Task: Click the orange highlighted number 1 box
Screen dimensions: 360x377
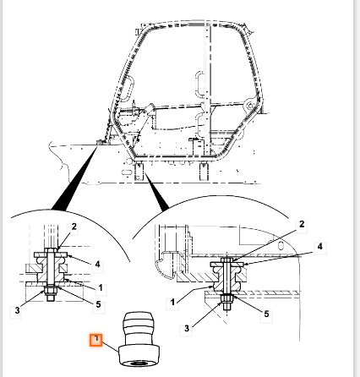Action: point(96,340)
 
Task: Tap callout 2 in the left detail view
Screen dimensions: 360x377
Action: point(74,227)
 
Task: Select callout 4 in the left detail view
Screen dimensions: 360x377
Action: point(97,265)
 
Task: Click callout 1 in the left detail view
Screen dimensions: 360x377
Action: point(101,288)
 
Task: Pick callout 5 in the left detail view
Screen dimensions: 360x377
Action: point(98,304)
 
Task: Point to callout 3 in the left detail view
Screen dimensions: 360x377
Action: point(17,310)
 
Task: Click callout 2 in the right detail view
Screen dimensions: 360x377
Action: point(302,224)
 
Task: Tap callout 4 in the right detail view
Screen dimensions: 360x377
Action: point(319,247)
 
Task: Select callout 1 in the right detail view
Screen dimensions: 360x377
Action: point(172,303)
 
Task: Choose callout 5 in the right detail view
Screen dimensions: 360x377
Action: point(266,314)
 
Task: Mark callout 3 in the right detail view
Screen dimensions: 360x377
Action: point(187,328)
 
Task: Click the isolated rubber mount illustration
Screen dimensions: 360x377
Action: point(139,339)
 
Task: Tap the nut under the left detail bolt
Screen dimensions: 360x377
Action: point(50,290)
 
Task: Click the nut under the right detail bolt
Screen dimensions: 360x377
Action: point(226,298)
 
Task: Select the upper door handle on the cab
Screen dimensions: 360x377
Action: point(199,84)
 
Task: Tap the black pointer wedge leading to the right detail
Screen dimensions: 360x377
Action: point(156,193)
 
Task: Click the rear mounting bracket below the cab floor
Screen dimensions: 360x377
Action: point(204,172)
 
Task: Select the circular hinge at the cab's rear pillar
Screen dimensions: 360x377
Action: point(250,106)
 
